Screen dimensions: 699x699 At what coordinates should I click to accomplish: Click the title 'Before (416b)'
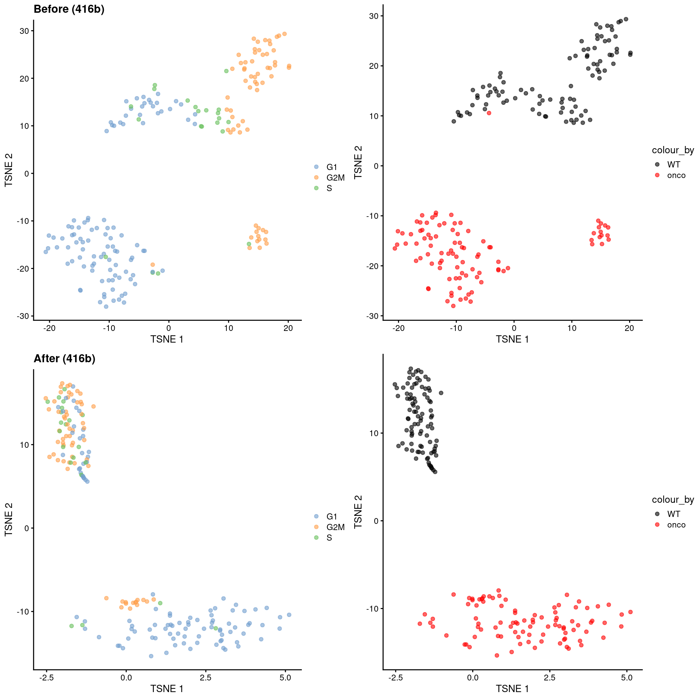pyautogui.click(x=69, y=9)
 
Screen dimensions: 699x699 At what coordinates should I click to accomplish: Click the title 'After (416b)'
pyautogui.click(x=64, y=359)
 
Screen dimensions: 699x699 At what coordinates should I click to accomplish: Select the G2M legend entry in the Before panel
pyautogui.click(x=335, y=178)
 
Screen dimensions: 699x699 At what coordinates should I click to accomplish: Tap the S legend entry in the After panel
pyautogui.click(x=329, y=538)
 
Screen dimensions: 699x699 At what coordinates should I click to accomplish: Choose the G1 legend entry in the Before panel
pyautogui.click(x=332, y=167)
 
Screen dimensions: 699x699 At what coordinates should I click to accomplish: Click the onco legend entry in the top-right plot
pyautogui.click(x=676, y=175)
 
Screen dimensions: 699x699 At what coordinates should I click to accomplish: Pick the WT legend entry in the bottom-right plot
pyautogui.click(x=674, y=514)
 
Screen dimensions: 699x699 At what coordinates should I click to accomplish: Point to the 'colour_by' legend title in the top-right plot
pyautogui.click(x=673, y=150)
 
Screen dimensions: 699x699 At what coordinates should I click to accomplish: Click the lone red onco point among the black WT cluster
pyautogui.click(x=489, y=113)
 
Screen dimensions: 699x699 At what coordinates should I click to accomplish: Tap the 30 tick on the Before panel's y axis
pyautogui.click(x=24, y=31)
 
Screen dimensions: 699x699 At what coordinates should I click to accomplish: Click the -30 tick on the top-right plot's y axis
pyautogui.click(x=373, y=316)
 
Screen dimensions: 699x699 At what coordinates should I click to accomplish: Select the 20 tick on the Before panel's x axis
pyautogui.click(x=288, y=328)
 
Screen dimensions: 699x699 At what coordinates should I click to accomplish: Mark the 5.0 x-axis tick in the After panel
pyautogui.click(x=285, y=678)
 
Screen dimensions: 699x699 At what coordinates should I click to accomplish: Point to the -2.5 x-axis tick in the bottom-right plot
pyautogui.click(x=395, y=678)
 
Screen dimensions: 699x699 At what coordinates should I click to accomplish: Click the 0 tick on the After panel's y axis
pyautogui.click(x=27, y=528)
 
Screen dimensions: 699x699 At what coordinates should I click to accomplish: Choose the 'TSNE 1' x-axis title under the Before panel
pyautogui.click(x=167, y=339)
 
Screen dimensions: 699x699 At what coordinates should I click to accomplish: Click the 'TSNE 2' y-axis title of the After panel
pyautogui.click(x=9, y=519)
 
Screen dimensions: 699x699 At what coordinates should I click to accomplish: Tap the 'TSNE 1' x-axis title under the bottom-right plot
pyautogui.click(x=512, y=689)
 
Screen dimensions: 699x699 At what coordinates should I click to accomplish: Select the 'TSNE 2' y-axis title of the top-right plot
pyautogui.click(x=358, y=162)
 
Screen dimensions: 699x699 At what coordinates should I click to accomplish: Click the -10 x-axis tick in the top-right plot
pyautogui.click(x=456, y=328)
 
